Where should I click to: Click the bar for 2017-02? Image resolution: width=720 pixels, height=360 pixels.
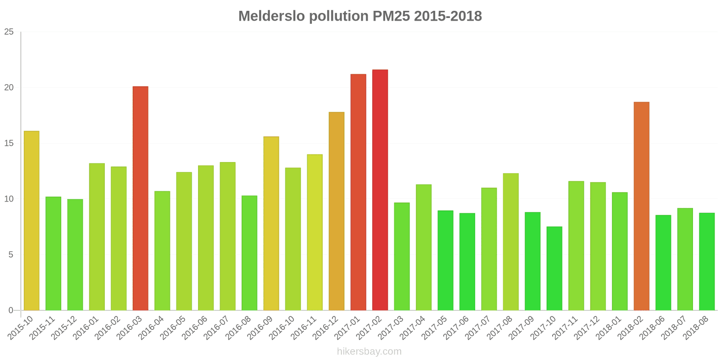tap(380, 190)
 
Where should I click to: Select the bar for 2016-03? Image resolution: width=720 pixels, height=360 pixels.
tap(140, 198)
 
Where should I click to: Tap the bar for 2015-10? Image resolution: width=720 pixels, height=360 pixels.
tap(31, 220)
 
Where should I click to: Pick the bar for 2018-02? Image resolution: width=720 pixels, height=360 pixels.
tap(641, 206)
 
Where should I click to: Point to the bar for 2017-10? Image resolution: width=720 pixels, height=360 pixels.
tap(554, 268)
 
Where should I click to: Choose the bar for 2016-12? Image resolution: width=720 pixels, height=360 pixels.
tap(337, 211)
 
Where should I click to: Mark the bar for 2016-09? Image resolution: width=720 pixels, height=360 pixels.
tap(271, 223)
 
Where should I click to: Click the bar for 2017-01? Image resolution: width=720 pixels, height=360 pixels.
tap(358, 192)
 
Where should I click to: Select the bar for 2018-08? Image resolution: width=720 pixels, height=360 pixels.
tap(706, 261)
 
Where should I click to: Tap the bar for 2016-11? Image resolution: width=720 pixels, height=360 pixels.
tap(315, 232)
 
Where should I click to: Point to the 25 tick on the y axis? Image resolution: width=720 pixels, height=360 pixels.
tap(9, 32)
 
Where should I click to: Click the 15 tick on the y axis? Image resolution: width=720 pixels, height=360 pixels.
tap(9, 144)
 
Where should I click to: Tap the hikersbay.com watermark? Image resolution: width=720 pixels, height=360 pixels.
tap(369, 351)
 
